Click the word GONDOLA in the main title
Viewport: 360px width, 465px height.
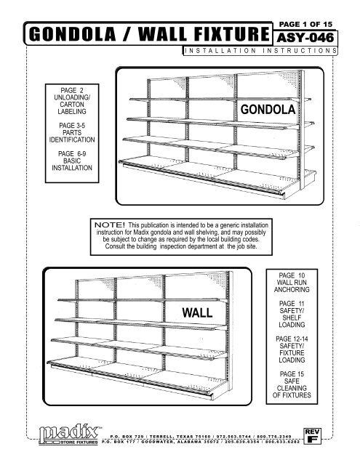tap(73, 34)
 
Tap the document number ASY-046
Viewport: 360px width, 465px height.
tap(305, 38)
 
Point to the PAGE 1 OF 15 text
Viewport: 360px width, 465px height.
tap(305, 24)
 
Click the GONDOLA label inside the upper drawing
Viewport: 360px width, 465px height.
tap(268, 110)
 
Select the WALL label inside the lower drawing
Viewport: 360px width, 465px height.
tap(197, 312)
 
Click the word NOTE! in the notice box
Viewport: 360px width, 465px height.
tap(110, 225)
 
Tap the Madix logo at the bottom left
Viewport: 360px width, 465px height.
tap(69, 434)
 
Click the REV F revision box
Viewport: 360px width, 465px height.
tap(312, 436)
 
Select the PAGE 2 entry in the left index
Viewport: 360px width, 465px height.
tap(72, 90)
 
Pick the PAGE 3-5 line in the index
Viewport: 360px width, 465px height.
tap(72, 126)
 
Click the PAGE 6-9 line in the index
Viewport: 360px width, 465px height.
tap(72, 153)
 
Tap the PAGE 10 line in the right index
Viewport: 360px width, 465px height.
tap(292, 275)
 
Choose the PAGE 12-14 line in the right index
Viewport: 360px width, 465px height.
tap(292, 339)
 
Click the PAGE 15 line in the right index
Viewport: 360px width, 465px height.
tap(292, 374)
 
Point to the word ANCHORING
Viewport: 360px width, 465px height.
tap(292, 289)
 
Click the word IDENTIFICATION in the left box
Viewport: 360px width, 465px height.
tap(72, 139)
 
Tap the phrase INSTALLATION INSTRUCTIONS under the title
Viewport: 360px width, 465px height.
tap(260, 51)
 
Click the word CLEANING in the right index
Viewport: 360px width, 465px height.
tap(292, 388)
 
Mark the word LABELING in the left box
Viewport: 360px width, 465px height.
tap(72, 111)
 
